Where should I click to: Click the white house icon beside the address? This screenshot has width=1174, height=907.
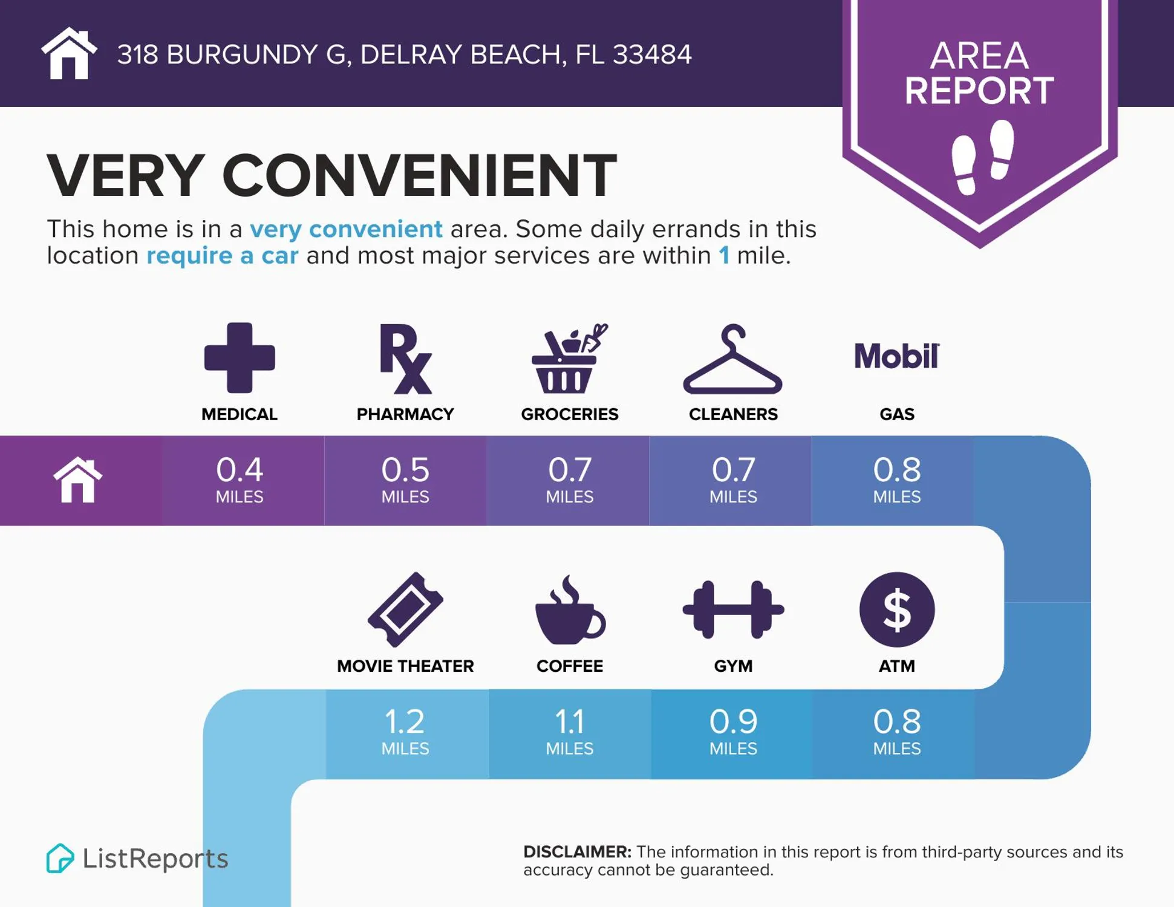pyautogui.click(x=69, y=54)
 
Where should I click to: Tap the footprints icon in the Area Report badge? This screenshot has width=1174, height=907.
pyautogui.click(x=982, y=157)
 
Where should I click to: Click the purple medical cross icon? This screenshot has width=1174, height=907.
pyautogui.click(x=240, y=358)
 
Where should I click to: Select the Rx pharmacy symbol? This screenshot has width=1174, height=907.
pyautogui.click(x=405, y=359)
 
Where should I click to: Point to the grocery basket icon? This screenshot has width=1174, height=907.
pyautogui.click(x=569, y=359)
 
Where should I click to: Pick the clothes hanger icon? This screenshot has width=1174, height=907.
pyautogui.click(x=732, y=360)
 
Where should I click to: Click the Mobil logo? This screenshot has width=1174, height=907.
pyautogui.click(x=896, y=356)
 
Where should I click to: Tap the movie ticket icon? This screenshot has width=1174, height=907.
pyautogui.click(x=405, y=610)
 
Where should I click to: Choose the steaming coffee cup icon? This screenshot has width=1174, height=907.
pyautogui.click(x=569, y=610)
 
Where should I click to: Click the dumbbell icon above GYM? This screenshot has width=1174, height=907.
pyautogui.click(x=733, y=610)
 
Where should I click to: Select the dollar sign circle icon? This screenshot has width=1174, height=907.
pyautogui.click(x=896, y=610)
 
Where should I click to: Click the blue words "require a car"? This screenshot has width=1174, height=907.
pyautogui.click(x=222, y=256)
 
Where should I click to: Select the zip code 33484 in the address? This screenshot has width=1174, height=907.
pyautogui.click(x=651, y=54)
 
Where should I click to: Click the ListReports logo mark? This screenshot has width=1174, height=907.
pyautogui.click(x=60, y=858)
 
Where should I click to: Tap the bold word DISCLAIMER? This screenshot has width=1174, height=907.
pyautogui.click(x=577, y=852)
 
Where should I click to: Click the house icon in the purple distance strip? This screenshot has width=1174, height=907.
pyautogui.click(x=78, y=480)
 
